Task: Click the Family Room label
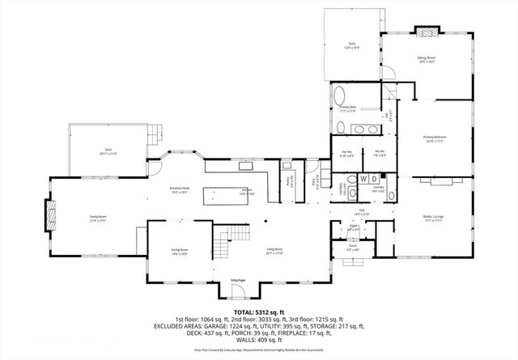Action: point(98,218)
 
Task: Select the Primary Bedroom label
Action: point(435,139)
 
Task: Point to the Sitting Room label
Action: point(426,60)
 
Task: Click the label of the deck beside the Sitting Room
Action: point(352,45)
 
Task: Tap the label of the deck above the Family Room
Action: point(108,151)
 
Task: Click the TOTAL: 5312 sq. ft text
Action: point(258,310)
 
